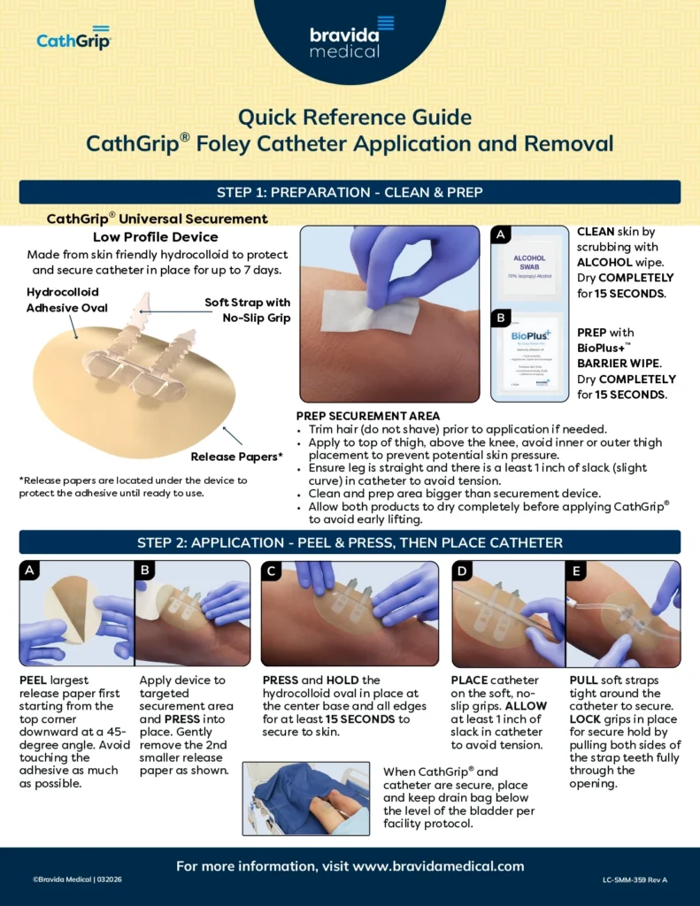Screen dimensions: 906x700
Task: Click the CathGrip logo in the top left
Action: (73, 38)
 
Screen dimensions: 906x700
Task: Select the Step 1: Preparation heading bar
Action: (350, 192)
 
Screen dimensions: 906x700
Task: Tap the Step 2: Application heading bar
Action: (350, 542)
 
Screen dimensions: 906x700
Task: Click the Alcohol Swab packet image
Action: (530, 265)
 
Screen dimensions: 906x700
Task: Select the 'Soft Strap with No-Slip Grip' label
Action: (248, 310)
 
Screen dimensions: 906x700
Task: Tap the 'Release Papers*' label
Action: (237, 457)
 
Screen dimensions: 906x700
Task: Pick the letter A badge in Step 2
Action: (30, 572)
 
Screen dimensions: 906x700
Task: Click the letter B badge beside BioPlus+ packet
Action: (502, 317)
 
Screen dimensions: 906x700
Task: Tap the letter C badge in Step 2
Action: (272, 572)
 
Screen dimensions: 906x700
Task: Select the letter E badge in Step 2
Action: (576, 572)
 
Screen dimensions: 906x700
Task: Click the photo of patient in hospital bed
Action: (305, 799)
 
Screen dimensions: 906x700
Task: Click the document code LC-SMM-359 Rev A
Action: (635, 879)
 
